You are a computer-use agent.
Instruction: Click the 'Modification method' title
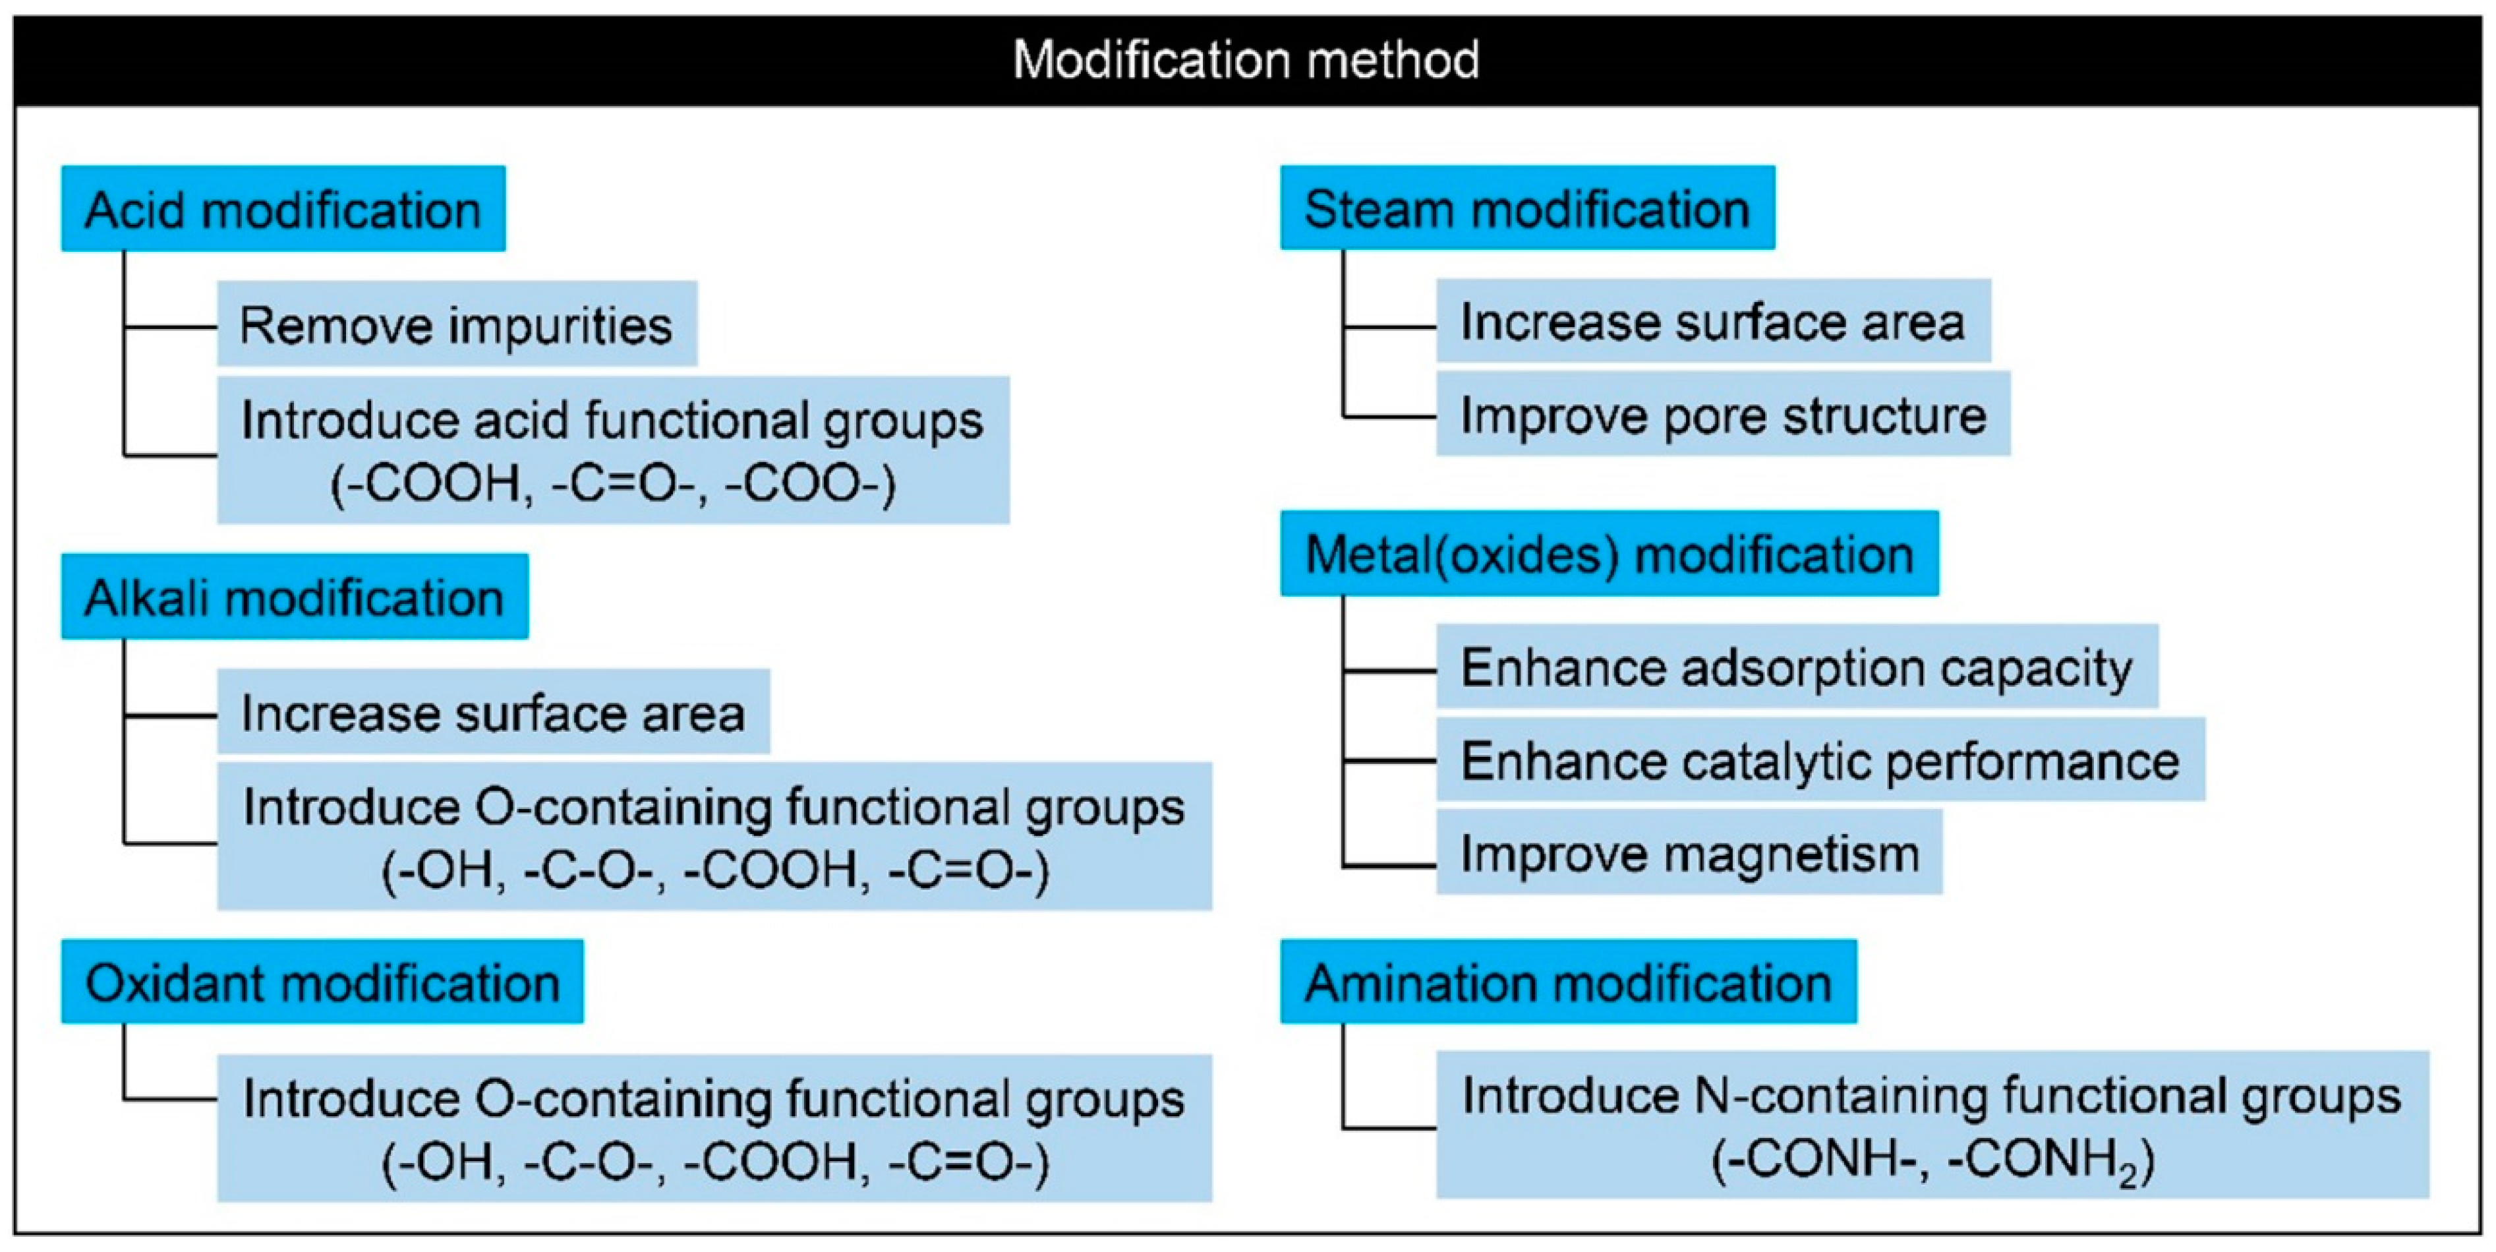pos(1246,60)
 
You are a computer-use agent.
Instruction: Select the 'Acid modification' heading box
pos(283,209)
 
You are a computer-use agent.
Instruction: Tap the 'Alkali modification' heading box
pos(295,597)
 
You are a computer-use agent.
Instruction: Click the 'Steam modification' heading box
pos(1527,208)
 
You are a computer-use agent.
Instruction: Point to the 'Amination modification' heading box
pos(1568,982)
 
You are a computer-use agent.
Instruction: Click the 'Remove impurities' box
pos(456,324)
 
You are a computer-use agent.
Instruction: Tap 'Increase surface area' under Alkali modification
pos(493,712)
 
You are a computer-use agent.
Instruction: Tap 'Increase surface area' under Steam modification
pos(1712,322)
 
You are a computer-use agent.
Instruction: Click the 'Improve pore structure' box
pos(1723,415)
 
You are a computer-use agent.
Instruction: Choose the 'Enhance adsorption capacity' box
pos(1797,667)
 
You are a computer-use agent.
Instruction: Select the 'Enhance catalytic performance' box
pos(1820,760)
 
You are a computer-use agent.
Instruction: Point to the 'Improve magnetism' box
pos(1689,852)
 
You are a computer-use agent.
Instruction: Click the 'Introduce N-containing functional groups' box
pos(1932,1124)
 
